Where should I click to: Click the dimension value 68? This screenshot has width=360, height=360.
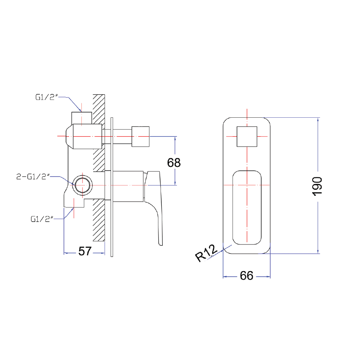[174, 162]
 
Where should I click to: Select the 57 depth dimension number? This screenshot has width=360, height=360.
[85, 251]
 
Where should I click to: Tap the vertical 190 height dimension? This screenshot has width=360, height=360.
[318, 186]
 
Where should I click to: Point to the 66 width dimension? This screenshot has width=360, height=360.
[246, 276]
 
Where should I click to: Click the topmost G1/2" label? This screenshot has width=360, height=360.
[47, 97]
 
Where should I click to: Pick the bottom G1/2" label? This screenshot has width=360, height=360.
[42, 219]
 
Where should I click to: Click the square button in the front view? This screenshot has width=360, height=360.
[246, 136]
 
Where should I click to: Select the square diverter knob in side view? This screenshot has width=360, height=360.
[141, 136]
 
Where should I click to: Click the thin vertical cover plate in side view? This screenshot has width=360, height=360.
[111, 186]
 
